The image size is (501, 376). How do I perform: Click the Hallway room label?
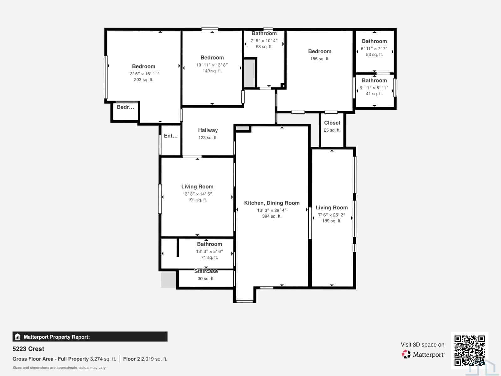[208, 130]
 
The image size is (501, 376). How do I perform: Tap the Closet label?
[332, 123]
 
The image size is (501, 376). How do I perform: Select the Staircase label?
[206, 271]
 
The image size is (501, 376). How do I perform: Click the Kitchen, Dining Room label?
[272, 203]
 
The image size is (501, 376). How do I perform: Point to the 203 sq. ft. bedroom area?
[143, 80]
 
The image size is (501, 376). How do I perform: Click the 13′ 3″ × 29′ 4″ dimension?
[272, 210]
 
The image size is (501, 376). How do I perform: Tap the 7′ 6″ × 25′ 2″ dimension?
[332, 215]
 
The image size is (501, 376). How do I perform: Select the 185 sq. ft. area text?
[320, 59]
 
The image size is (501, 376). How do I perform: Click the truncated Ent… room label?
[171, 136]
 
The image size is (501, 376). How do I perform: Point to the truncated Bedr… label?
[125, 107]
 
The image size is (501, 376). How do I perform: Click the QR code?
[469, 350]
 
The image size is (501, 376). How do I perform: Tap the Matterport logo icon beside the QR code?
[406, 354]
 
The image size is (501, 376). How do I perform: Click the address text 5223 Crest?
[28, 349]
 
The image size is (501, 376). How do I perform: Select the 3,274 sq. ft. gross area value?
[103, 359]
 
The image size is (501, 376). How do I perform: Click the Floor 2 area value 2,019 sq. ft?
[154, 359]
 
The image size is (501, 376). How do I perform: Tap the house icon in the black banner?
[18, 337]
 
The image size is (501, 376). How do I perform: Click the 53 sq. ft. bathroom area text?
[374, 55]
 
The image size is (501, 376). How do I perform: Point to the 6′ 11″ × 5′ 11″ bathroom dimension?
[374, 88]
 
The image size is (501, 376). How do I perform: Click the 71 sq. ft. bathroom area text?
[209, 257]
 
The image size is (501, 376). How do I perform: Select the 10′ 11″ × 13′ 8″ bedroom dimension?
[212, 65]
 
